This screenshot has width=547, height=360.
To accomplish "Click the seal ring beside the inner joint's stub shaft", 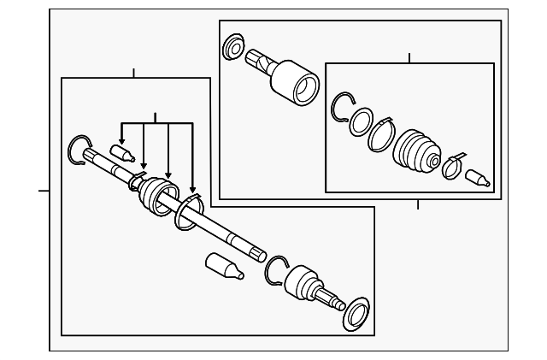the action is point(232,49).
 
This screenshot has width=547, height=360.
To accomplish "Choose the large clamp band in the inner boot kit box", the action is point(381,136).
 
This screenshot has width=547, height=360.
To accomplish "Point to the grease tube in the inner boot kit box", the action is point(476,179).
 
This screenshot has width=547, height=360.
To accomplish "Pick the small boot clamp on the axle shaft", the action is point(134,181).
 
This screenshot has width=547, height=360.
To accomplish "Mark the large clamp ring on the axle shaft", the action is point(188,213).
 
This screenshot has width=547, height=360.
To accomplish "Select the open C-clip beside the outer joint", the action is point(277,269).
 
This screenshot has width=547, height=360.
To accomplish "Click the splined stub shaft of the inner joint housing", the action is point(259,61).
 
